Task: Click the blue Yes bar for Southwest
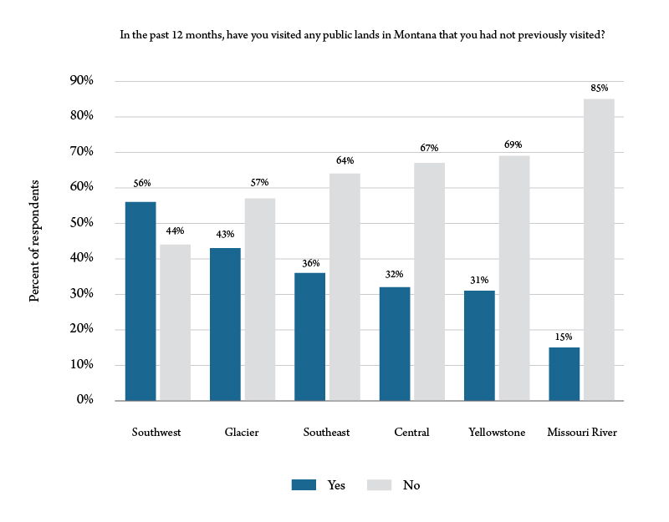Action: click(x=140, y=301)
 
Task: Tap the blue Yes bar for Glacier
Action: click(x=225, y=324)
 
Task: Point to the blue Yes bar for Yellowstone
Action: click(x=479, y=345)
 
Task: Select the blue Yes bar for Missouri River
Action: click(x=564, y=373)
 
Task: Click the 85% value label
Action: click(x=599, y=88)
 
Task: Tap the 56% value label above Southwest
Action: click(x=140, y=183)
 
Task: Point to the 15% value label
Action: click(x=564, y=337)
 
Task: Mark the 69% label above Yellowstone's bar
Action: click(x=513, y=144)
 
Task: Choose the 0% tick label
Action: click(x=84, y=400)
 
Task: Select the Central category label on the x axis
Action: click(x=411, y=433)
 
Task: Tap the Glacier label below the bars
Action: click(x=242, y=433)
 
